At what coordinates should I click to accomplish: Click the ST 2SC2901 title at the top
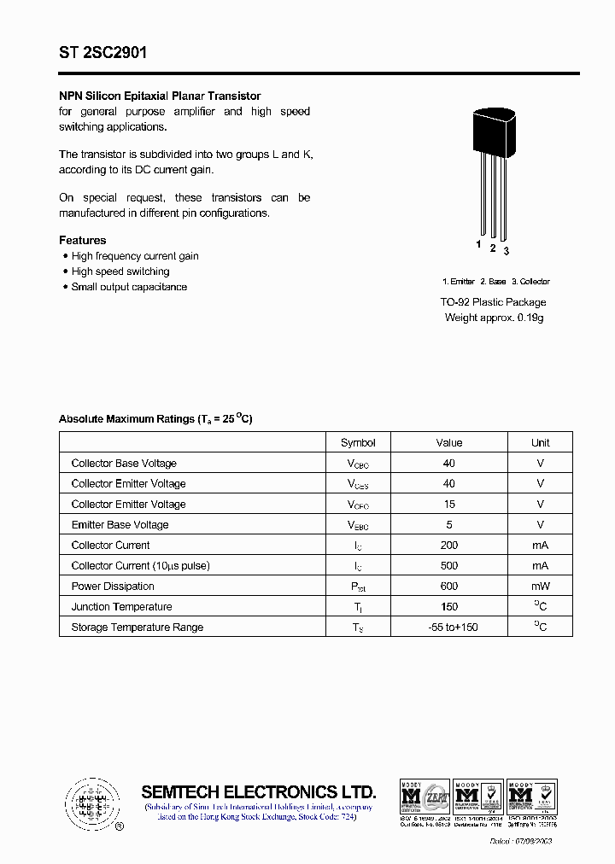pyautogui.click(x=102, y=53)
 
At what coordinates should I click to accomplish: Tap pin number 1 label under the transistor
pyautogui.click(x=478, y=245)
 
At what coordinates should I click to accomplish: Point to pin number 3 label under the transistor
pyautogui.click(x=507, y=251)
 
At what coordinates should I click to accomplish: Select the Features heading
pyautogui.click(x=83, y=241)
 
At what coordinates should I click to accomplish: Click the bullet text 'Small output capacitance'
pyautogui.click(x=129, y=287)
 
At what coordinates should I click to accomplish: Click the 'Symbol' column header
pyautogui.click(x=358, y=442)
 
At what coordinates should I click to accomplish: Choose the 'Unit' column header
pyautogui.click(x=540, y=442)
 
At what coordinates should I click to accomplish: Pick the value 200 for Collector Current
pyautogui.click(x=449, y=545)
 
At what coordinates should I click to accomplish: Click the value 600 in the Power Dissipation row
pyautogui.click(x=449, y=586)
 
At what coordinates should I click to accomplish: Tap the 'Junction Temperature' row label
pyautogui.click(x=121, y=606)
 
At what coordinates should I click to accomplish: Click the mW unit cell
pyautogui.click(x=540, y=586)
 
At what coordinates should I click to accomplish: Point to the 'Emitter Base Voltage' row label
pyautogui.click(x=120, y=524)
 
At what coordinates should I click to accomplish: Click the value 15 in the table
pyautogui.click(x=449, y=504)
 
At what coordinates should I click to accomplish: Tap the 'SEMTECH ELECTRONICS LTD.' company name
pyautogui.click(x=259, y=791)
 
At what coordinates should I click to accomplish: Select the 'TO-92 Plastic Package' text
pyautogui.click(x=494, y=302)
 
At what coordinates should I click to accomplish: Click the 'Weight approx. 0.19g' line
pyautogui.click(x=494, y=318)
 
